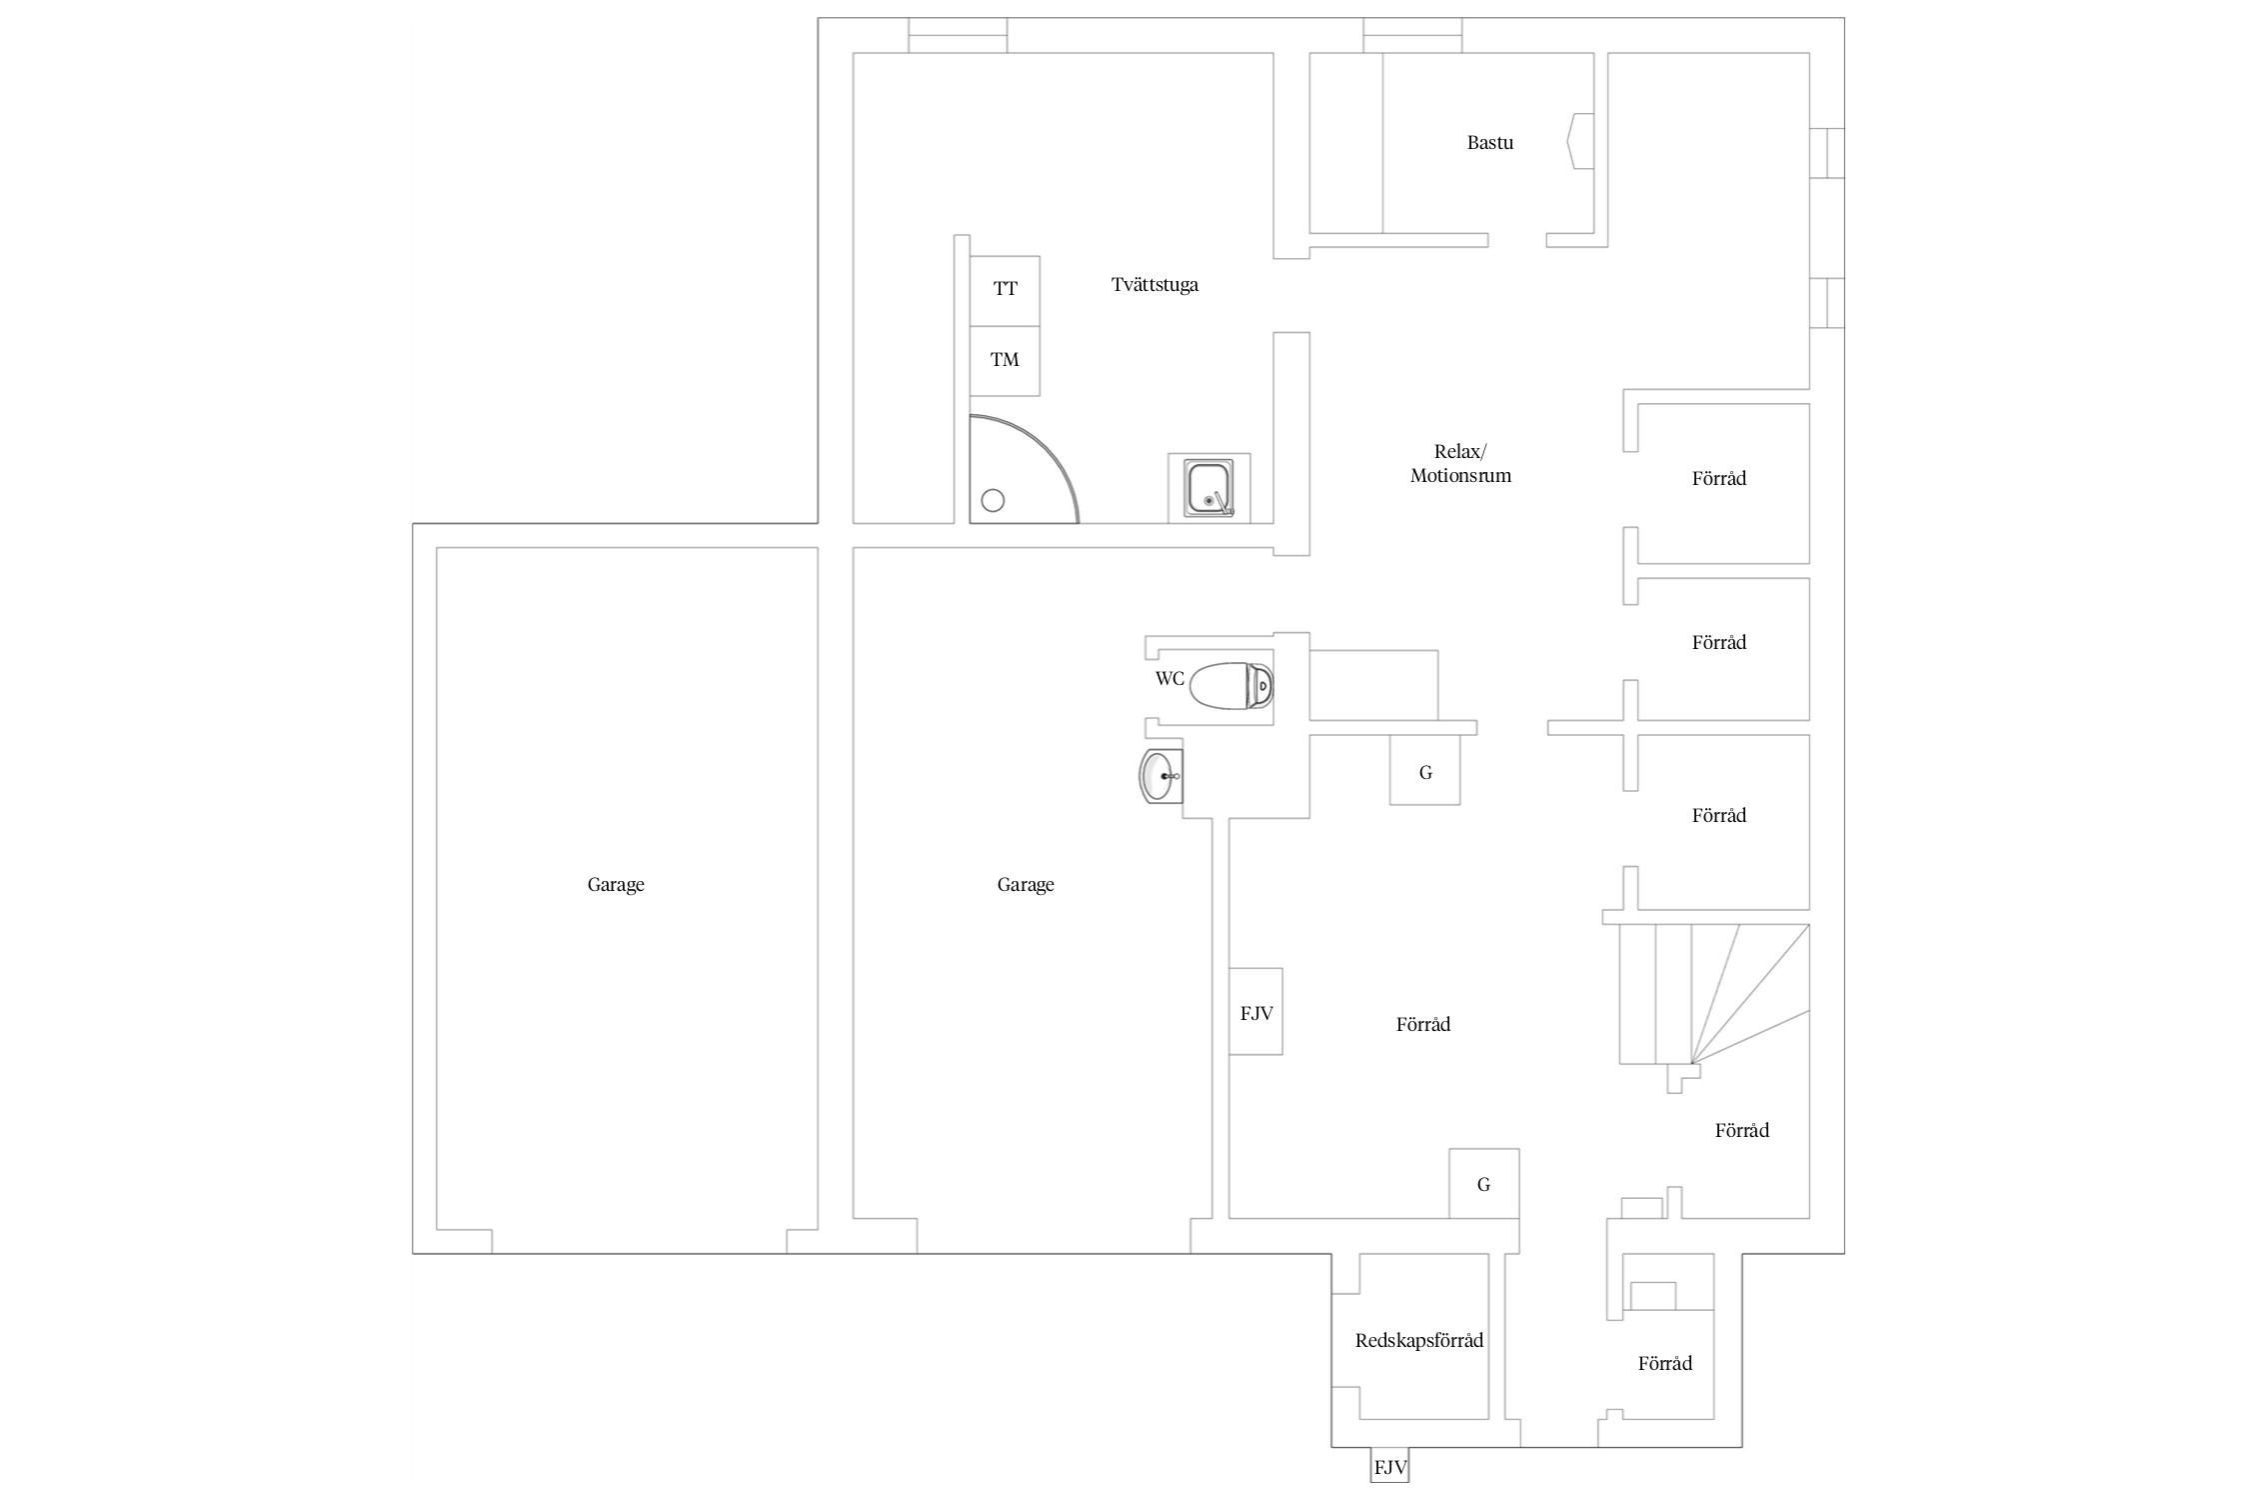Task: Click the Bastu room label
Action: (1489, 143)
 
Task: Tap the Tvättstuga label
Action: (1154, 285)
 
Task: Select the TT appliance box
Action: (1005, 290)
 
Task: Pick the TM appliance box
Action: (1005, 360)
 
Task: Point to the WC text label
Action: (1169, 679)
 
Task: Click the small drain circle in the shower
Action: (993, 501)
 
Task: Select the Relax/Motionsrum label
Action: (1460, 464)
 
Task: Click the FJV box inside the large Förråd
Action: (1255, 1012)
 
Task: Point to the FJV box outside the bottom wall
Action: (1389, 1468)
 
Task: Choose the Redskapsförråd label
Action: (1418, 1341)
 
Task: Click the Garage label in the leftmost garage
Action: (616, 885)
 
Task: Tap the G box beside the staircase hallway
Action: (1424, 771)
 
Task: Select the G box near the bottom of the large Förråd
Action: (1483, 1184)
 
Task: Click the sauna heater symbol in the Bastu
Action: (1580, 141)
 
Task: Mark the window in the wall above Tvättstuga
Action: (957, 35)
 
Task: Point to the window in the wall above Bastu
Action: (1412, 35)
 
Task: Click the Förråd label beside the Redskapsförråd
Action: (1665, 1364)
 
